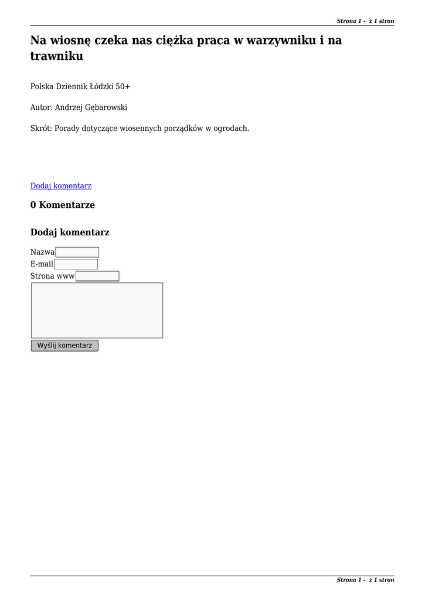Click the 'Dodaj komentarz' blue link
tap(61, 186)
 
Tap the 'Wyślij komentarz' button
tap(64, 346)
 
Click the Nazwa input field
tap(77, 252)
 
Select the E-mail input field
tap(76, 264)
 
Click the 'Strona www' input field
tap(97, 276)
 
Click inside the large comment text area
tap(97, 310)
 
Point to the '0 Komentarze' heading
tap(63, 205)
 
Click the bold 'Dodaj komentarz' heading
tap(70, 232)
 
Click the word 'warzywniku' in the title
tap(279, 40)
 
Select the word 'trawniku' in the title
tap(57, 56)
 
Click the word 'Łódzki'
tap(101, 86)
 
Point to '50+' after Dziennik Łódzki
tap(123, 86)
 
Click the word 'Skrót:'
tap(41, 128)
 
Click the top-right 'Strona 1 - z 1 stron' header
tap(365, 21)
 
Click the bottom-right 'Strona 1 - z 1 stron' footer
tap(365, 580)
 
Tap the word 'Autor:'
tap(42, 107)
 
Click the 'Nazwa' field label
tap(42, 252)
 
